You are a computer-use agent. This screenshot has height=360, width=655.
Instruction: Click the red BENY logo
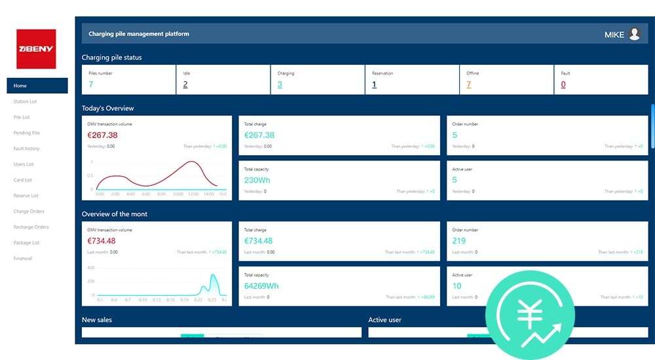36,49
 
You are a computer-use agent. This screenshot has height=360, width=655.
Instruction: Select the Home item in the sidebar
20,86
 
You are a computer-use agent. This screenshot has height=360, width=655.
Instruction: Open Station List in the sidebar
25,101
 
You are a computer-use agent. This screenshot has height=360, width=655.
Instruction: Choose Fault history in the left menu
26,149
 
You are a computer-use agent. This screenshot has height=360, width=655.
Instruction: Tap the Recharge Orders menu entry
31,227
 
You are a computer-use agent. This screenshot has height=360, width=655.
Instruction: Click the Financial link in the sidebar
23,259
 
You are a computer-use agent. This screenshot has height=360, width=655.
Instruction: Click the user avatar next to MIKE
634,34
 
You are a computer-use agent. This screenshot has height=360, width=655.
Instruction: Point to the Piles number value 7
90,84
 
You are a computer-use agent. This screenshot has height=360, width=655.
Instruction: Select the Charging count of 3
280,84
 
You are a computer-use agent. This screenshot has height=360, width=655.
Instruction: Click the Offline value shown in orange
468,84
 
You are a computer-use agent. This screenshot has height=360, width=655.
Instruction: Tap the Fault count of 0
563,84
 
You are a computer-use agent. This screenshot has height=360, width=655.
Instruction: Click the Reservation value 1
374,84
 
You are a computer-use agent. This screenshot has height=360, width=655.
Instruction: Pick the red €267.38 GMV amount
102,135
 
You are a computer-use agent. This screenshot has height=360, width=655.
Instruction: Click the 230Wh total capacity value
257,180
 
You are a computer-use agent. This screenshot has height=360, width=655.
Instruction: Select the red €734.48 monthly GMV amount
102,241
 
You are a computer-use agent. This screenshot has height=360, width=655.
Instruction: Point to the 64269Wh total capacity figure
261,286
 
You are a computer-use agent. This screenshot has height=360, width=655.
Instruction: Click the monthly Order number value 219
458,241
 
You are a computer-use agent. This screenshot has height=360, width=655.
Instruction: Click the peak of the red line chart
191,162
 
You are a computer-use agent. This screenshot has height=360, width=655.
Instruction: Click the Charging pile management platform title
139,34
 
